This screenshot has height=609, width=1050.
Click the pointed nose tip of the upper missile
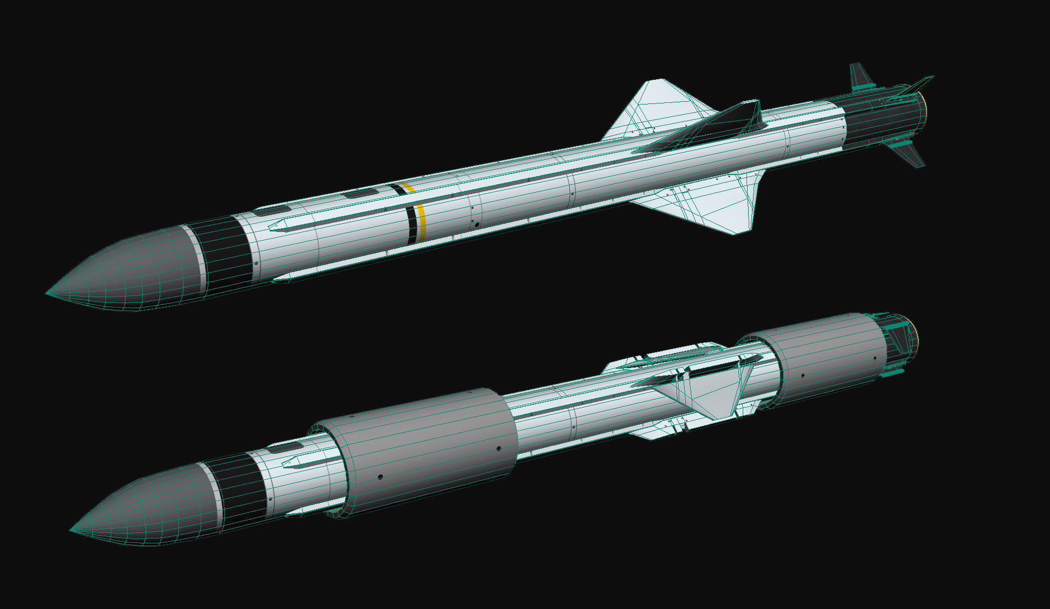pyautogui.click(x=48, y=294)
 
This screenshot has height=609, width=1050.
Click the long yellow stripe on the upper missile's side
pyautogui.click(x=421, y=223)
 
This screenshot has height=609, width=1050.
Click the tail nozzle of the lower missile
pyautogui.click(x=908, y=339)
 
